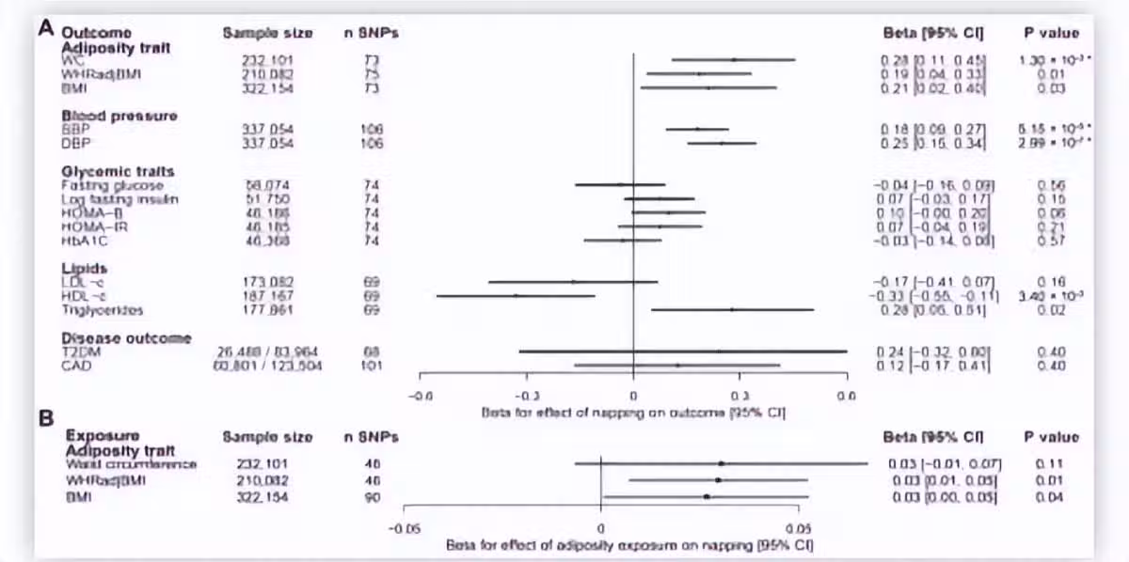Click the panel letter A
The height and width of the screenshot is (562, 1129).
(x=44, y=27)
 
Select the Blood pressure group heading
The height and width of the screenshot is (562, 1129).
(x=119, y=116)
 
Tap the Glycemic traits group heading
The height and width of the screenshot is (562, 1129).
(x=118, y=171)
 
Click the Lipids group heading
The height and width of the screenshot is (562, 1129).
(x=84, y=268)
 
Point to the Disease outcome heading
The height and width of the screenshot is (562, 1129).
(x=126, y=338)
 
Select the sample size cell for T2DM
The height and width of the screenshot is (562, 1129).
(x=267, y=351)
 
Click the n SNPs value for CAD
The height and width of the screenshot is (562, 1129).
(x=371, y=366)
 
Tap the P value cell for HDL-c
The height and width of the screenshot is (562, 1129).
(x=1051, y=295)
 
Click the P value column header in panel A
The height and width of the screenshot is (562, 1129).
(x=1051, y=33)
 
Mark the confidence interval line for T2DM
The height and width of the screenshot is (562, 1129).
(x=682, y=351)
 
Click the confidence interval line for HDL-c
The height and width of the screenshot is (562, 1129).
(x=516, y=295)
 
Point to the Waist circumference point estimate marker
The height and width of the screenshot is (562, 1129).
(x=721, y=463)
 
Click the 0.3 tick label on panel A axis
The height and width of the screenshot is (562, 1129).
(x=739, y=397)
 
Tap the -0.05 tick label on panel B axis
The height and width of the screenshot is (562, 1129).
(x=405, y=528)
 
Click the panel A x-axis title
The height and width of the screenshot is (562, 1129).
(x=633, y=412)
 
